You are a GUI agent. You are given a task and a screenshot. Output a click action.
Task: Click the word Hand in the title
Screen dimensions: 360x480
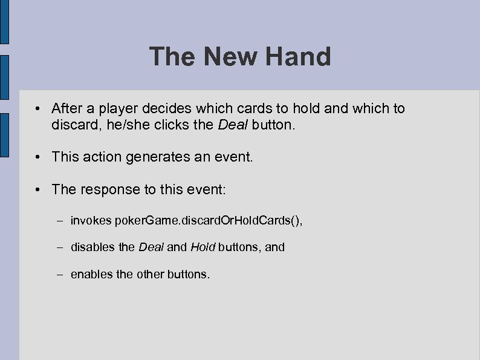[x=297, y=57]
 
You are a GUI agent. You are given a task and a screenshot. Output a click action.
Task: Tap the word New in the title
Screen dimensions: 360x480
[x=229, y=57]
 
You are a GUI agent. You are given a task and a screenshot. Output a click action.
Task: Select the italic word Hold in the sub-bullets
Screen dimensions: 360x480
[x=203, y=247]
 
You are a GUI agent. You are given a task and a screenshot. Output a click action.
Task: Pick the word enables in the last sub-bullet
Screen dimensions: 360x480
[x=91, y=274]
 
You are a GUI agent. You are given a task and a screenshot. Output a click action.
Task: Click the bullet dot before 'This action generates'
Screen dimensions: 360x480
[x=37, y=157]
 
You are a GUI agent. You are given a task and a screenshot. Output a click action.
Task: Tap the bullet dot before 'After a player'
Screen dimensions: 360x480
[x=37, y=109]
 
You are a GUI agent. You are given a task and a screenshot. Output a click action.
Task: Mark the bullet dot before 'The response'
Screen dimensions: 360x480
[x=37, y=189]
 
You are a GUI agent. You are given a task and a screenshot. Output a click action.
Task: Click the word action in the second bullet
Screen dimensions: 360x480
[x=99, y=157]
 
